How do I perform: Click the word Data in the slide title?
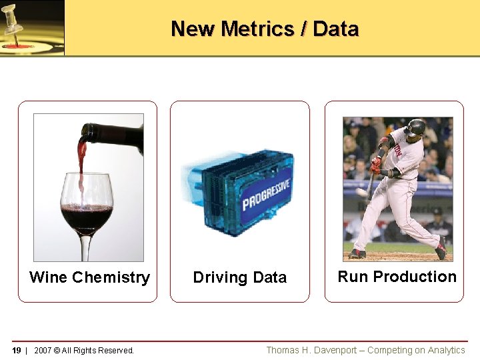click(335, 29)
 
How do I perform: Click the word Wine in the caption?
click(48, 277)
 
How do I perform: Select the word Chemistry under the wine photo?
click(111, 277)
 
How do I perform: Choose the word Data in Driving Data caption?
click(269, 277)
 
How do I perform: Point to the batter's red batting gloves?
click(377, 165)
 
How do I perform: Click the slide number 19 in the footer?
click(17, 351)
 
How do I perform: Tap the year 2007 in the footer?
click(42, 351)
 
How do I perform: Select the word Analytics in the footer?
click(447, 350)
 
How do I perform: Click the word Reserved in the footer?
click(116, 351)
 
